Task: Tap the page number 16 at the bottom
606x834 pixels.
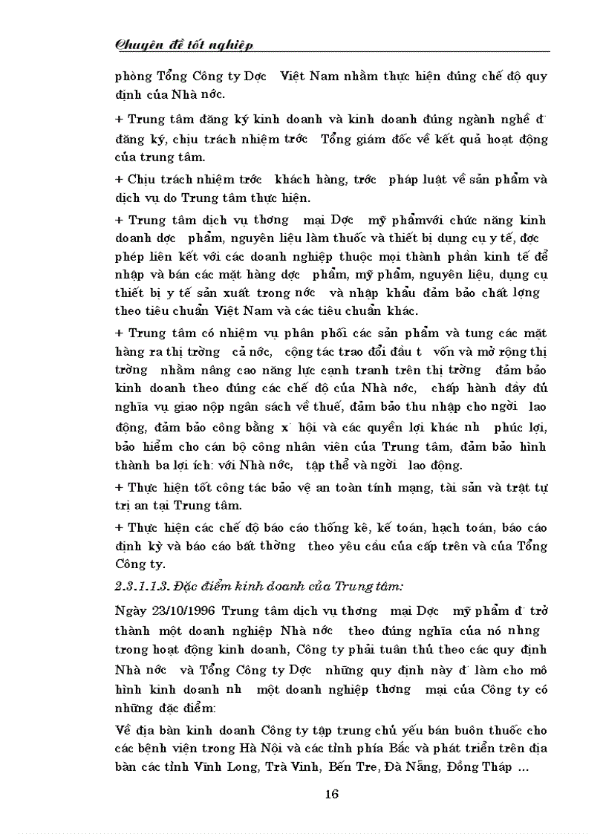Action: coord(332,794)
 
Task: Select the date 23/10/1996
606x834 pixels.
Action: coord(181,610)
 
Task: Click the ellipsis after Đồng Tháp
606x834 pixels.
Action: coord(523,768)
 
